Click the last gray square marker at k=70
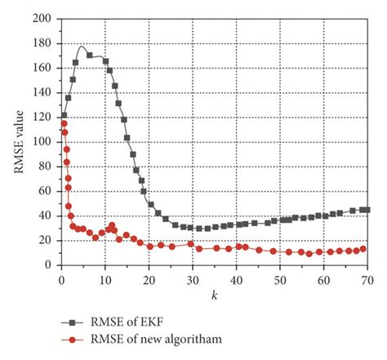point(367,210)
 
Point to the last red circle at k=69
point(363,249)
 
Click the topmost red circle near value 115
point(64,123)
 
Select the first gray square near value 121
point(64,116)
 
